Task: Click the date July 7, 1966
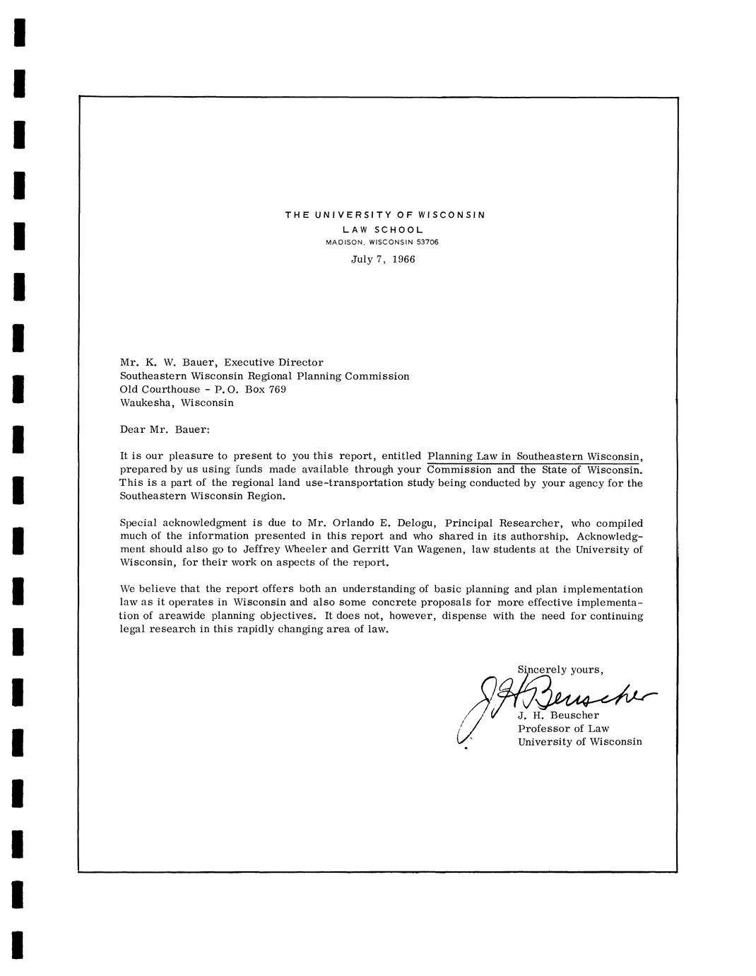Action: pos(383,259)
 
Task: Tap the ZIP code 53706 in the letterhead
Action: pos(427,242)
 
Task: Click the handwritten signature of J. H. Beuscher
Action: pos(558,697)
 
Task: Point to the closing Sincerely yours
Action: pos(560,669)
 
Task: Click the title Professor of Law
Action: pos(563,728)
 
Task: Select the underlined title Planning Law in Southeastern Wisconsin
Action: pos(535,456)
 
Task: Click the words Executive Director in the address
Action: pos(273,362)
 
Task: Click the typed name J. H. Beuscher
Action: pos(558,715)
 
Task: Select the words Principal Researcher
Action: pos(504,523)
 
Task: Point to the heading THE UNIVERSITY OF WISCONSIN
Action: pos(385,214)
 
